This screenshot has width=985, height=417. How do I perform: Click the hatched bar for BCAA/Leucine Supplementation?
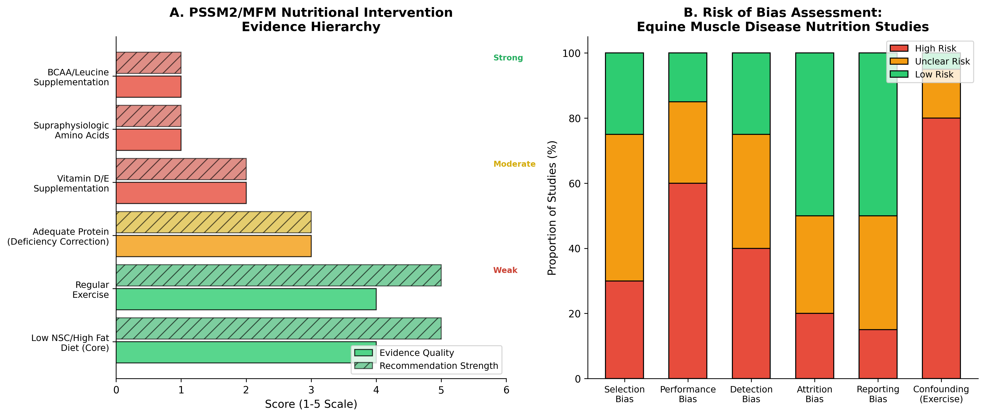pyautogui.click(x=148, y=63)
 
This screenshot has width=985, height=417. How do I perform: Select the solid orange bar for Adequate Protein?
pyautogui.click(x=213, y=246)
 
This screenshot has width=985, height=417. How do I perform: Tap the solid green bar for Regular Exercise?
pyautogui.click(x=246, y=299)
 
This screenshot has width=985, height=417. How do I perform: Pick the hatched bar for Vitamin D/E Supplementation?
pyautogui.click(x=181, y=169)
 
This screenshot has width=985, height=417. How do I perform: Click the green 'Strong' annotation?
pyautogui.click(x=508, y=58)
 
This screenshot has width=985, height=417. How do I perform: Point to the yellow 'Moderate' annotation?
pyautogui.click(x=514, y=164)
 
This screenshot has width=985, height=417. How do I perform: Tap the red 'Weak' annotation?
pyautogui.click(x=505, y=270)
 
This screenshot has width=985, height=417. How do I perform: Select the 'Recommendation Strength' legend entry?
pyautogui.click(x=438, y=366)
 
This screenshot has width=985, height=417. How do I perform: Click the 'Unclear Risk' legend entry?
pyautogui.click(x=942, y=62)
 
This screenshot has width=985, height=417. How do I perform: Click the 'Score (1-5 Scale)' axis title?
pyautogui.click(x=311, y=404)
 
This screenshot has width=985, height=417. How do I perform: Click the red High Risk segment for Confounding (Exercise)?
pyautogui.click(x=941, y=248)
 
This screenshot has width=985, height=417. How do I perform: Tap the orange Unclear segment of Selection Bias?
pyautogui.click(x=624, y=208)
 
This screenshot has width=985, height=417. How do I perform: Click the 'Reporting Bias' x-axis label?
pyautogui.click(x=877, y=394)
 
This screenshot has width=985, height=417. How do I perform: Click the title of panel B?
pyautogui.click(x=782, y=20)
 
